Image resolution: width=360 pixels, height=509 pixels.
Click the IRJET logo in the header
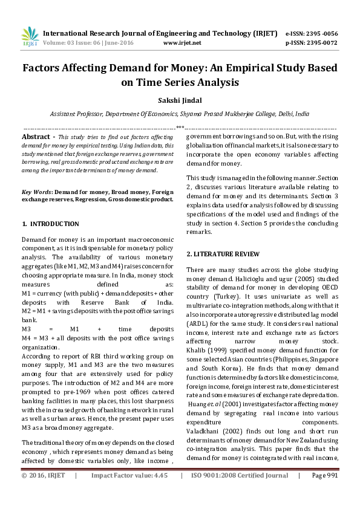30,37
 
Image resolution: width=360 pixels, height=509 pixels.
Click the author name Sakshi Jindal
180,100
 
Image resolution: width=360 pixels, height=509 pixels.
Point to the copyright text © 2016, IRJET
44,493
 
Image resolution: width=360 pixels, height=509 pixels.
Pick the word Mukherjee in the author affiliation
239,113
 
